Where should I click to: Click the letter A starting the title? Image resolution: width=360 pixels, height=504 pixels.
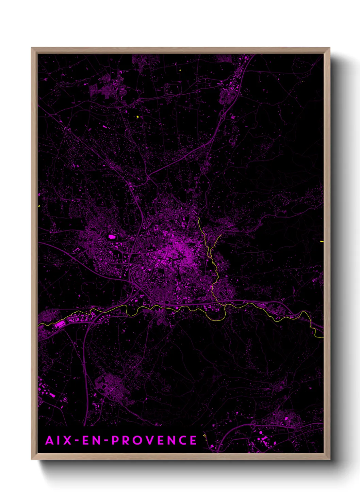(x=50, y=440)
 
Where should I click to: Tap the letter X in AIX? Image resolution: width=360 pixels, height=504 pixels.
(x=68, y=440)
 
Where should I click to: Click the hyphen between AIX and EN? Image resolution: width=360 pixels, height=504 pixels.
(x=77, y=441)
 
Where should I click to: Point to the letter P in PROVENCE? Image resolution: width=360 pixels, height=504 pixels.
(x=116, y=440)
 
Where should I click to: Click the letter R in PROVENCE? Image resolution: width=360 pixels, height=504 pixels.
(x=127, y=440)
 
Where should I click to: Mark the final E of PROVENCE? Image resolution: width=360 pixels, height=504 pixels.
(x=193, y=440)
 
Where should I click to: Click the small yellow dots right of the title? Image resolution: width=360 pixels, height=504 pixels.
(x=204, y=436)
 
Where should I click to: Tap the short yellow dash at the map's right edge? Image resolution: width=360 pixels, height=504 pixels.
(x=322, y=241)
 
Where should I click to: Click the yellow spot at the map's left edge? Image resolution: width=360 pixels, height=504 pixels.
(x=39, y=206)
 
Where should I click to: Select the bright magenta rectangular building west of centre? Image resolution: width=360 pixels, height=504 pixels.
(x=112, y=236)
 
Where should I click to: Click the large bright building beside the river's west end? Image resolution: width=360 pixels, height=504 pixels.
(x=60, y=324)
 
